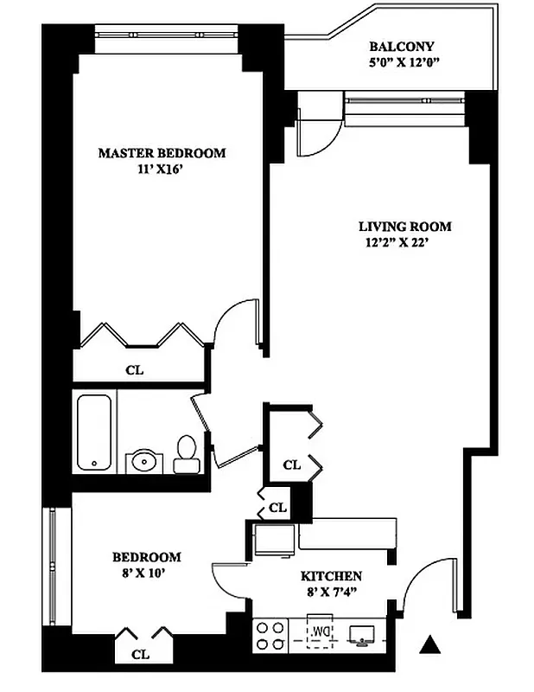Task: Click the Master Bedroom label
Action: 162,153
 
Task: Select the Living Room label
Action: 404,227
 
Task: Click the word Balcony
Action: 401,47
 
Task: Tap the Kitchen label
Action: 330,576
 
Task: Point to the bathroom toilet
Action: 186,454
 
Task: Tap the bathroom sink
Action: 142,461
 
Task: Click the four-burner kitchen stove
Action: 270,636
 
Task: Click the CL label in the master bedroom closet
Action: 134,370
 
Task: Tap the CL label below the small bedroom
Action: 140,655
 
